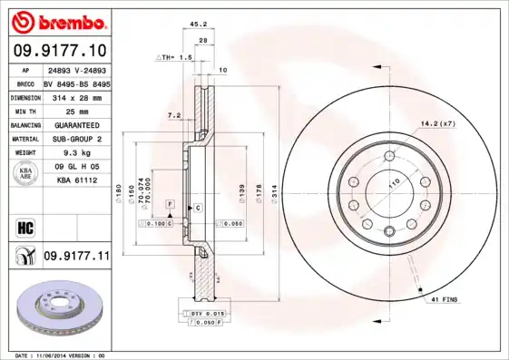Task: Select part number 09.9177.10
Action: point(61,48)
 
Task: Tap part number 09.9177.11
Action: point(76,257)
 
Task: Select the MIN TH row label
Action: point(24,111)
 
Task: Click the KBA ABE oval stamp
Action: point(25,174)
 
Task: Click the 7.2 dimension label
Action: point(176,115)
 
